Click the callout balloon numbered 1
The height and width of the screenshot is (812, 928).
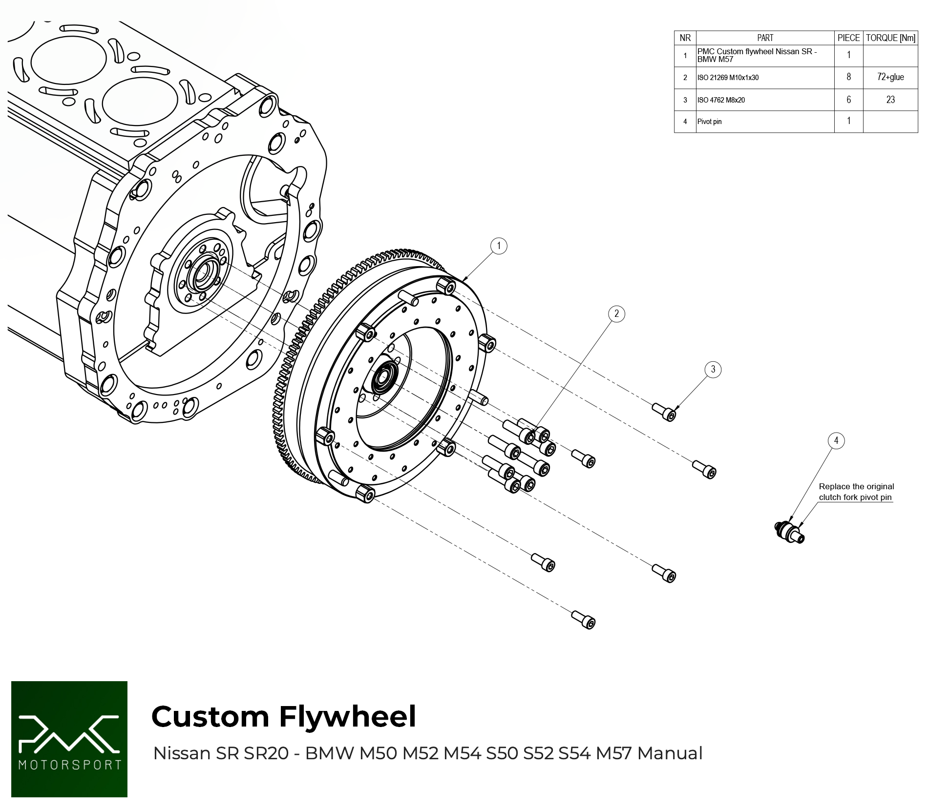[x=498, y=246]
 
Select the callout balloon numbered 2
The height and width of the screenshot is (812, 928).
[x=616, y=313]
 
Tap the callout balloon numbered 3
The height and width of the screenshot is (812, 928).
[x=713, y=369]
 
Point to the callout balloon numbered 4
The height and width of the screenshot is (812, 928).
[x=836, y=440]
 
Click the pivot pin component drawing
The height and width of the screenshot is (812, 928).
[x=790, y=532]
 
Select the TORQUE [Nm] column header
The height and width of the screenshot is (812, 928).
[x=890, y=38]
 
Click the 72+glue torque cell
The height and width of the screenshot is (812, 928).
[x=890, y=77]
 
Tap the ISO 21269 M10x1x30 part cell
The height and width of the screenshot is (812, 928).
[x=728, y=78]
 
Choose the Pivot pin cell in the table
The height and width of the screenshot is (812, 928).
[x=710, y=122]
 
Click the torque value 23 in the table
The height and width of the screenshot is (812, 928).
[x=890, y=100]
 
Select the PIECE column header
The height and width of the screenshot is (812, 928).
[x=848, y=38]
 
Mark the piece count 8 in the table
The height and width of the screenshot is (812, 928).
[x=848, y=77]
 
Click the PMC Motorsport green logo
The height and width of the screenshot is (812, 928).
[x=69, y=739]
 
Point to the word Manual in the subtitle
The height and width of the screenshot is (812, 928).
[x=670, y=753]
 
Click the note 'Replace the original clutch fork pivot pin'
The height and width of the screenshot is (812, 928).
[x=856, y=492]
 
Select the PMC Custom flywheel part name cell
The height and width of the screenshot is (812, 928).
[x=757, y=55]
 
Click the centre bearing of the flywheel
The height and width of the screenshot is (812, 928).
[x=383, y=377]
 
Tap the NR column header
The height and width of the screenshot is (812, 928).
[x=685, y=38]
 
